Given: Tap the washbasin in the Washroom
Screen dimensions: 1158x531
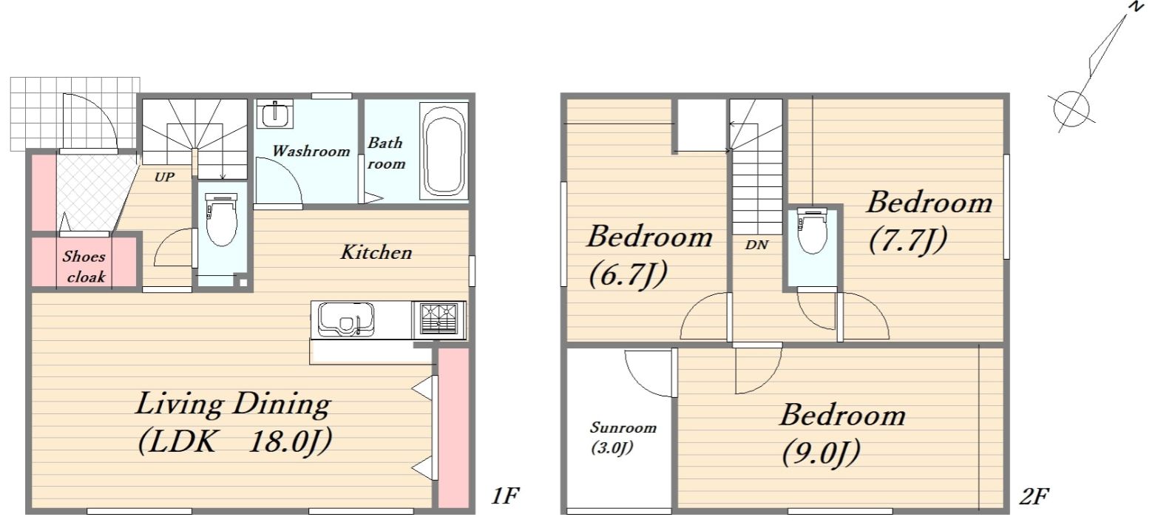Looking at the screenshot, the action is [x=275, y=115].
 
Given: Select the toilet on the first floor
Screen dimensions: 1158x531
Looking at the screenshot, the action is [x=222, y=219].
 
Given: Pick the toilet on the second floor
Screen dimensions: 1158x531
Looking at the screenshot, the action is [x=813, y=229].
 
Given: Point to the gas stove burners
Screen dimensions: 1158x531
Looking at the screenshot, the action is [x=439, y=319].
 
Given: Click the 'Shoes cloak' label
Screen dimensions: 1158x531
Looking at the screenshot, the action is [x=84, y=267].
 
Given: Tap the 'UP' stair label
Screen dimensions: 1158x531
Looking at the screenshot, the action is [x=164, y=177].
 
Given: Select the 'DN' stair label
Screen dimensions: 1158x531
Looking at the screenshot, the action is [x=756, y=245].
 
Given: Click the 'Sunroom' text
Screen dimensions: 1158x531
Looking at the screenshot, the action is [x=623, y=427].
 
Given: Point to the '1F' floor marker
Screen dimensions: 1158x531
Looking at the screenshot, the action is [x=504, y=496].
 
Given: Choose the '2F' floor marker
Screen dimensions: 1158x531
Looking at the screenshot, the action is [x=1034, y=496].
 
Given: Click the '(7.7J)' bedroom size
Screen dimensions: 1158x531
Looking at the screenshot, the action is [x=908, y=240].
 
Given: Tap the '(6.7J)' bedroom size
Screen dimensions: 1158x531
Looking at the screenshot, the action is [x=628, y=274].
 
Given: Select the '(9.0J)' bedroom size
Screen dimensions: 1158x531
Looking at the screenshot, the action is [x=821, y=453].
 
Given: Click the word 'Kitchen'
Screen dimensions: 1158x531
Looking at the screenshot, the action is [x=376, y=252].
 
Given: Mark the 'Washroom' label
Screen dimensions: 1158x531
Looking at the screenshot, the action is [x=311, y=151].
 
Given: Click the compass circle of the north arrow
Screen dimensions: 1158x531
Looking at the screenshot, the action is [x=1071, y=109].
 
